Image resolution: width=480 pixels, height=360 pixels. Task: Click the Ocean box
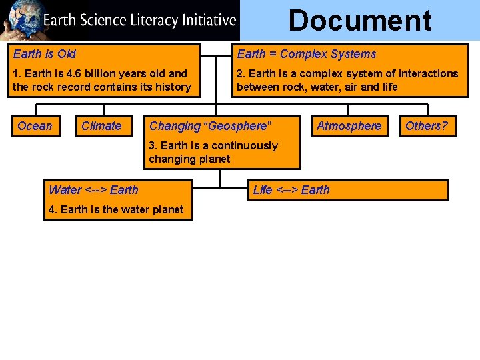click(x=35, y=126)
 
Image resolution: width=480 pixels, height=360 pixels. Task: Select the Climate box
click(x=101, y=126)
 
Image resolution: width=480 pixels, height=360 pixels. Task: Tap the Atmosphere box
click(x=349, y=126)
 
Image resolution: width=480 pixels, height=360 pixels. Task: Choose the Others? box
click(x=427, y=126)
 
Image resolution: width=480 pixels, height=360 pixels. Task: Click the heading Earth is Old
click(x=45, y=54)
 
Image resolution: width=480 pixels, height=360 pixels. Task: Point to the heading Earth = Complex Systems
click(x=307, y=54)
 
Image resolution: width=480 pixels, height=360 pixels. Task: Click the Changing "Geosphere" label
click(x=210, y=126)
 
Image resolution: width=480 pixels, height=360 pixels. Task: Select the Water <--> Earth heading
click(x=93, y=190)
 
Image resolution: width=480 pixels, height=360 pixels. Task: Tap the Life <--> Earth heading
click(x=291, y=190)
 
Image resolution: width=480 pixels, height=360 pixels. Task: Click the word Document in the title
click(x=360, y=21)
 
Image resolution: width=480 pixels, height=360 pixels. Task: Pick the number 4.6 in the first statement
click(x=75, y=73)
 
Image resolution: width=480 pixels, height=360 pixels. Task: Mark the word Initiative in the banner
click(x=208, y=20)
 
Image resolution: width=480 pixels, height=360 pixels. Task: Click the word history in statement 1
click(x=173, y=87)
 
